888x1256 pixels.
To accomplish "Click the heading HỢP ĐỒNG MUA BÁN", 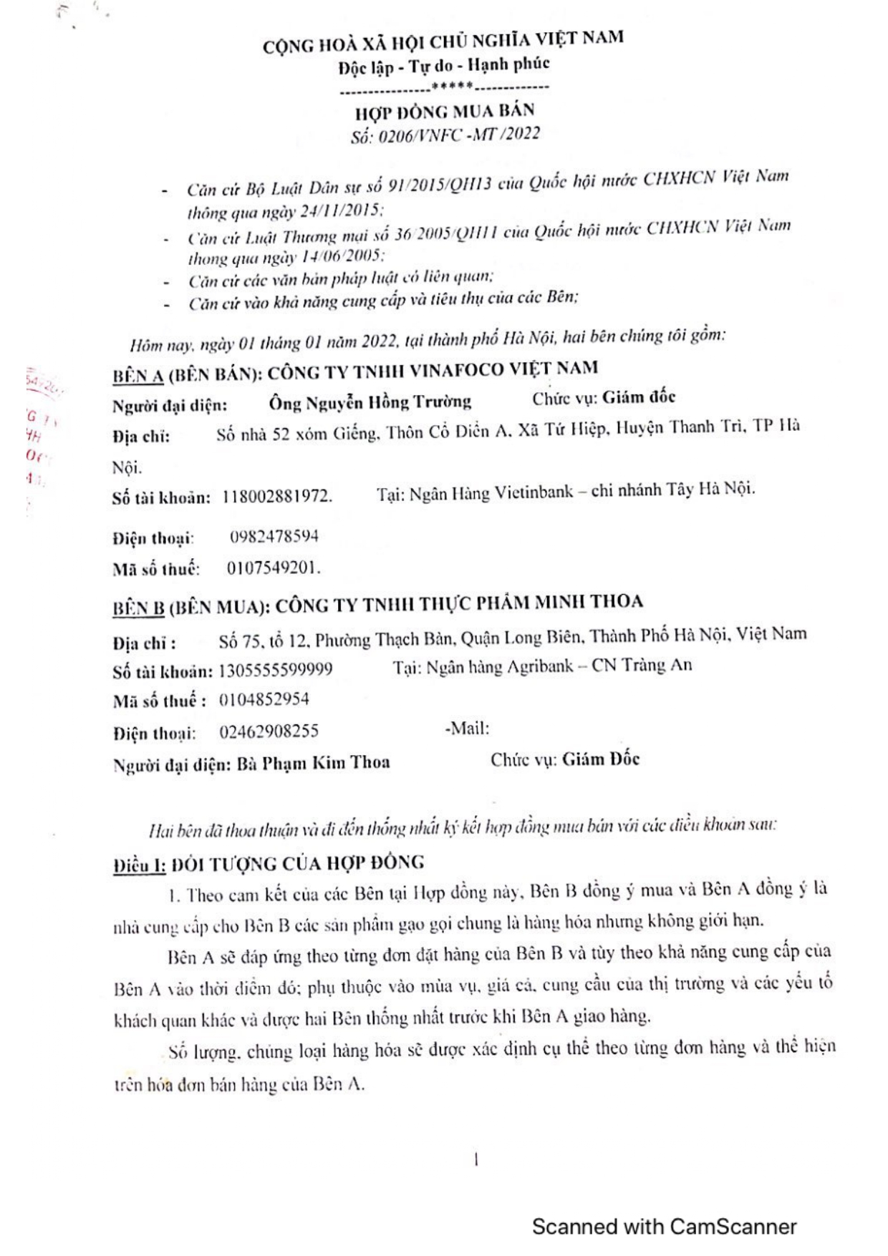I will pos(445,112).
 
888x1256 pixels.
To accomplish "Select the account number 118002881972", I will pos(277,496).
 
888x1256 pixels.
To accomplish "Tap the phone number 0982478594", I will pos(274,537).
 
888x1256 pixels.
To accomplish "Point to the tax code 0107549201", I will pos(273,568).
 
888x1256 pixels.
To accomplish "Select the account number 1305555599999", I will pos(276,670).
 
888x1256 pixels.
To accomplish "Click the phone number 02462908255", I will pos(269,731).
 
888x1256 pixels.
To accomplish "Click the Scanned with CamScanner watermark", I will pos(664,1227).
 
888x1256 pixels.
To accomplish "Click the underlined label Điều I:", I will pos(140,865).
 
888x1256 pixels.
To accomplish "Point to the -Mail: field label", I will pos(467,729).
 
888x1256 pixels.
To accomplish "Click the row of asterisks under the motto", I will pos(451,87).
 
